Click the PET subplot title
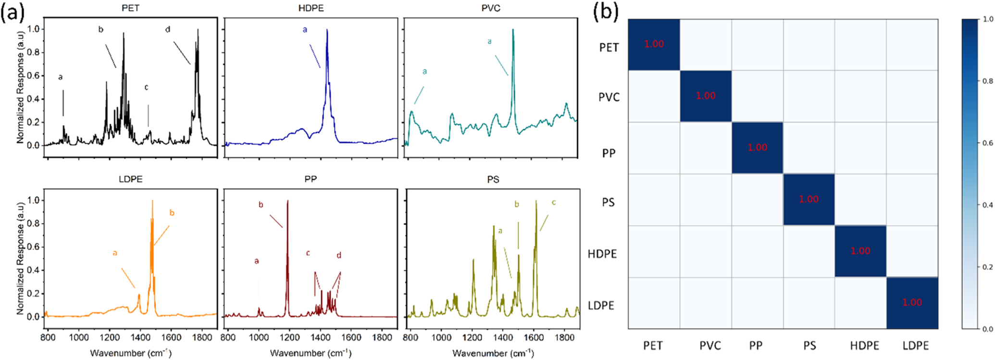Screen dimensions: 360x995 click(130, 8)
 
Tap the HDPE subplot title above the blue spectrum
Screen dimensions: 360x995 click(311, 8)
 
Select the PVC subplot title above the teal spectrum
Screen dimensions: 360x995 click(490, 8)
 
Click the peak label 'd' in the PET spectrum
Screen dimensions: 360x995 click(168, 30)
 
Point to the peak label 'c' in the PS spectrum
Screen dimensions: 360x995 click(554, 202)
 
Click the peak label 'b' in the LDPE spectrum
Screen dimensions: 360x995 click(172, 213)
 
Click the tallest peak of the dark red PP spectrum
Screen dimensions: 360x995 click(287, 201)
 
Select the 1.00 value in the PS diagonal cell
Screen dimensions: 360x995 click(808, 199)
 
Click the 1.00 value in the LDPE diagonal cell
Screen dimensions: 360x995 click(912, 302)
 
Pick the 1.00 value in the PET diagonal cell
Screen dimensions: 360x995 click(654, 44)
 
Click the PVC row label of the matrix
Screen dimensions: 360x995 click(609, 97)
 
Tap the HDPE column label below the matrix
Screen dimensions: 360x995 click(864, 346)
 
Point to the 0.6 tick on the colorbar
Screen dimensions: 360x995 click(988, 143)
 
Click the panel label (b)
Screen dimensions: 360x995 click(606, 12)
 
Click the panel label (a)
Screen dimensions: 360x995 click(12, 12)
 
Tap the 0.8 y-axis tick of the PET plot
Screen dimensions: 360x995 click(33, 52)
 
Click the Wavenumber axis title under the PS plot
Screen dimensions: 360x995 click(493, 353)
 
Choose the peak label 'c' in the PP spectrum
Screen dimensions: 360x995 click(308, 253)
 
